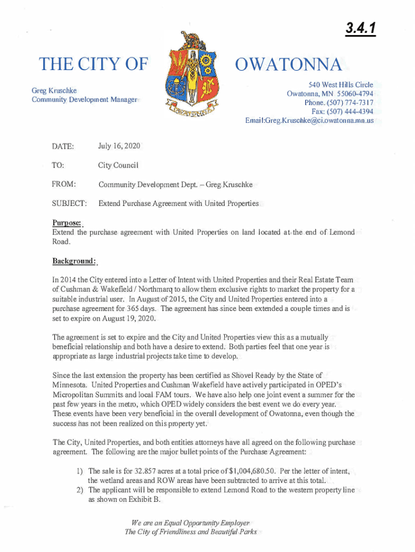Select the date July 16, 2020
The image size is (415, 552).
119,146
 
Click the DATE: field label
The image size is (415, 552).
63,146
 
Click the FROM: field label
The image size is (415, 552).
63,184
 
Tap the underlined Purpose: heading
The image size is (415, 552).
67,222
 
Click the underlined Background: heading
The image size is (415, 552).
74,261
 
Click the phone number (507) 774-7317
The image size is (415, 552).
352,102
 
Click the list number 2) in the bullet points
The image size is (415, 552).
81,490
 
